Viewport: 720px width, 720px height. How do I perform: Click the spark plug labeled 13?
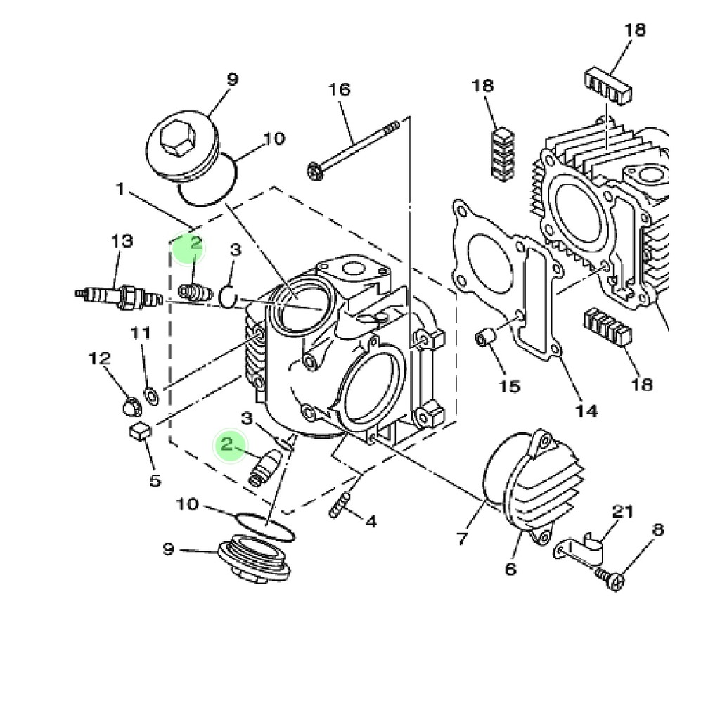pos(118,297)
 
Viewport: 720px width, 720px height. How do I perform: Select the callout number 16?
pos(340,89)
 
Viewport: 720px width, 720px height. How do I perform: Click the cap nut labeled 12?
pos(132,406)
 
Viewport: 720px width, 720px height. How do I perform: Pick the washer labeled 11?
pos(152,396)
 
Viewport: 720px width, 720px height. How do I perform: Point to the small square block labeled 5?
pos(140,432)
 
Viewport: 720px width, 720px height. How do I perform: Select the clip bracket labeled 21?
pos(579,550)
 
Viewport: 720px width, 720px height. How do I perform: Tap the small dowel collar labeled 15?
pos(485,338)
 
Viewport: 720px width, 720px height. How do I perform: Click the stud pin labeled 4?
pos(340,506)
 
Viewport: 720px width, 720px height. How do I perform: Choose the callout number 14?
pos(586,410)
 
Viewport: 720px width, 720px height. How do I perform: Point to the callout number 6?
pos(510,569)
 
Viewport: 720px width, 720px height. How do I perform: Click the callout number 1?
pos(120,188)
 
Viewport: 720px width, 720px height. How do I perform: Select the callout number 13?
pos(122,240)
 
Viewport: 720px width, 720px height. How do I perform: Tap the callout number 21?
pos(623,511)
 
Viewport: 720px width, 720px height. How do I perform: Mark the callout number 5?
pos(155,480)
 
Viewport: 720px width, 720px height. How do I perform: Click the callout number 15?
pos(510,386)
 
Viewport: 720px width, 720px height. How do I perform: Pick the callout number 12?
pos(100,358)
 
